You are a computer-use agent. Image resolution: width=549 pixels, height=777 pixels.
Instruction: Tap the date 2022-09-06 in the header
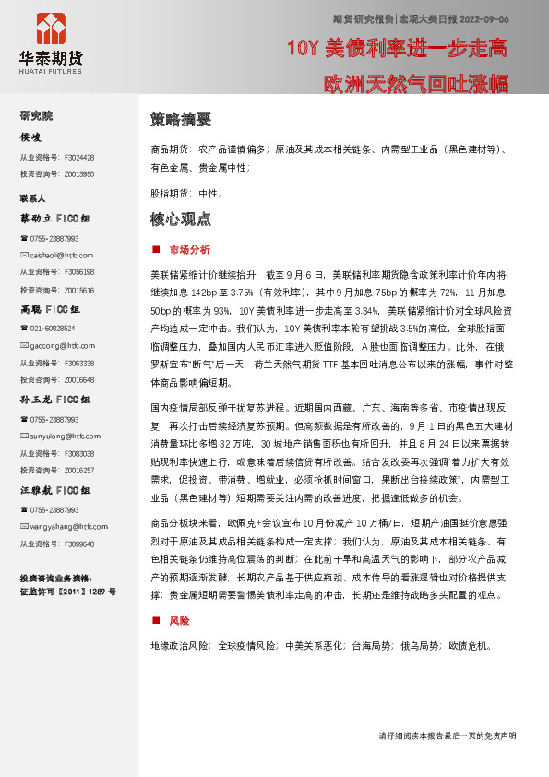(x=483, y=18)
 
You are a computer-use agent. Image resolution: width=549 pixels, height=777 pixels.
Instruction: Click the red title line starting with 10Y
(x=397, y=48)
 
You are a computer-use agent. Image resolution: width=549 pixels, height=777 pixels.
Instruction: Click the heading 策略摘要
(x=181, y=119)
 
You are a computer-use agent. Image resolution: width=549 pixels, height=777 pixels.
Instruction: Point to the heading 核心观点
(x=181, y=220)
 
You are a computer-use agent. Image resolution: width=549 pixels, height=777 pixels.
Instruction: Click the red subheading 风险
(x=179, y=621)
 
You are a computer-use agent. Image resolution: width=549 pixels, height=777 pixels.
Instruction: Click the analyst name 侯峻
(x=31, y=137)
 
